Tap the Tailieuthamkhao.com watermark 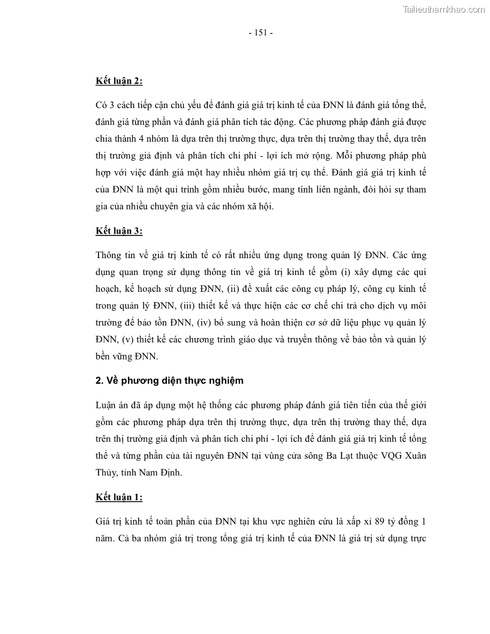point(444,9)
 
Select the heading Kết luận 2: point(119,80)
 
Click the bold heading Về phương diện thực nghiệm point(174,380)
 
